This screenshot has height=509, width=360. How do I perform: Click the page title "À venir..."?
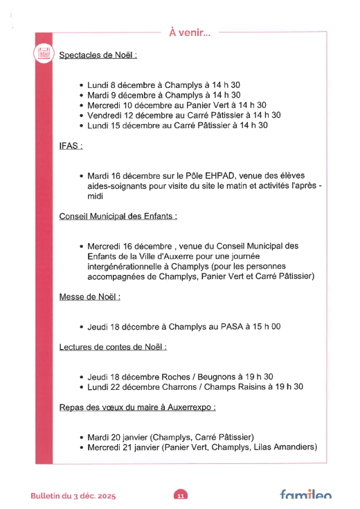(x=190, y=30)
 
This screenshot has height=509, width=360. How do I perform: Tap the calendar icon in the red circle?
(x=44, y=52)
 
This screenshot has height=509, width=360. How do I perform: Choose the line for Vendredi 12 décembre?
(x=183, y=115)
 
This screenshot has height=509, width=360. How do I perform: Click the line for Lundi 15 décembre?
(x=177, y=125)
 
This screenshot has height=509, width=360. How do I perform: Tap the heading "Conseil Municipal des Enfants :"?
(x=118, y=217)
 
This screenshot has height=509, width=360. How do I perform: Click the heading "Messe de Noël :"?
(x=90, y=296)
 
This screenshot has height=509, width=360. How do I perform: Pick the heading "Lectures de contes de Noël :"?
(x=113, y=346)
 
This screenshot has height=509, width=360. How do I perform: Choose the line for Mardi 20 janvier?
(x=170, y=437)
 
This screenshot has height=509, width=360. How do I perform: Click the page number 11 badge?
(x=180, y=495)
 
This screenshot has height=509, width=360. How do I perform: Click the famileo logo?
(x=305, y=495)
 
